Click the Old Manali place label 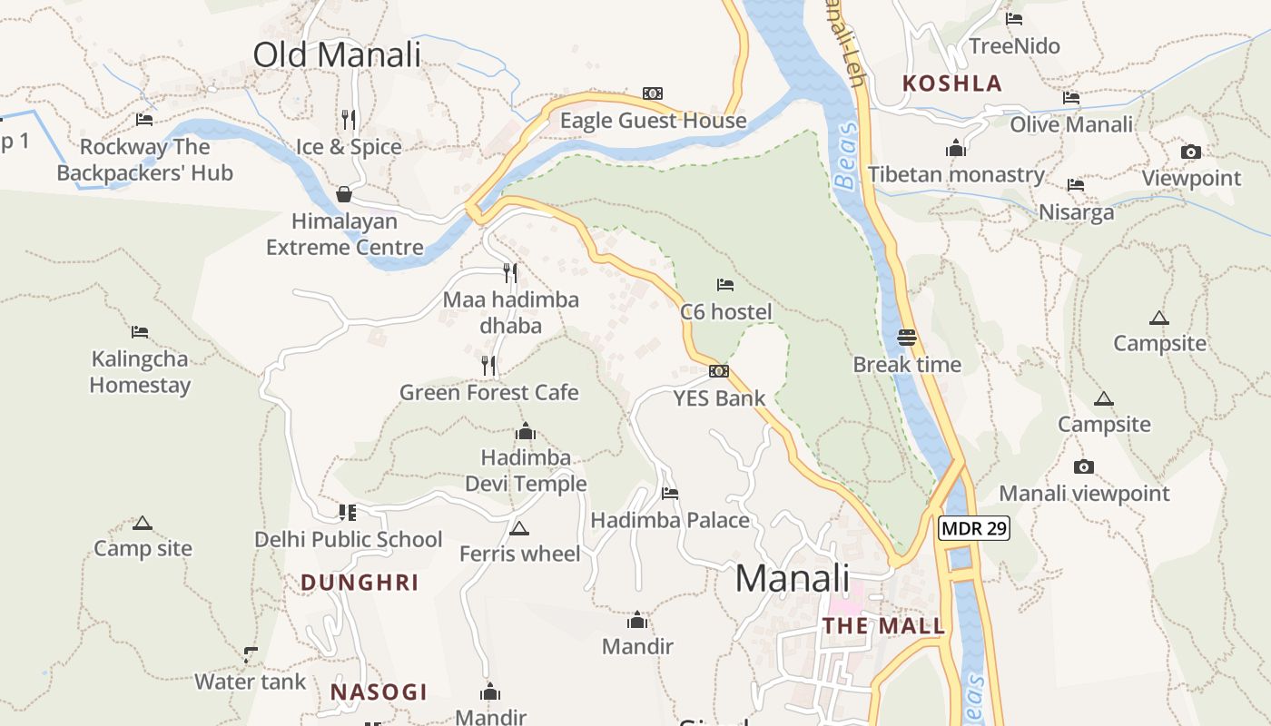coord(337,55)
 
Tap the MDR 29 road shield coord(974,528)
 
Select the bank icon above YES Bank coord(719,371)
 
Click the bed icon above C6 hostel coord(725,285)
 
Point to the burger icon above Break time coord(907,338)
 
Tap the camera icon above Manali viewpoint coord(1084,467)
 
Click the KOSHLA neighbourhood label coord(952,83)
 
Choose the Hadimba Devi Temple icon coord(526,431)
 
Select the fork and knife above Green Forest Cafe coord(489,366)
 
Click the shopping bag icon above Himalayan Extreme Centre coord(344,194)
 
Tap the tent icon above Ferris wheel coord(519,528)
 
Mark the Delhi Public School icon coord(348,513)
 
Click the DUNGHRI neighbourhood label coord(360,583)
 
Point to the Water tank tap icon coord(251,654)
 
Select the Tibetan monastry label coord(956,174)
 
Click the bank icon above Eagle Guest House coord(653,93)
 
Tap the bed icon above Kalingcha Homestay coord(140,332)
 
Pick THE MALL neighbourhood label coord(883,626)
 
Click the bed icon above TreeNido coord(1014,19)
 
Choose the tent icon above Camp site coord(143,523)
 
